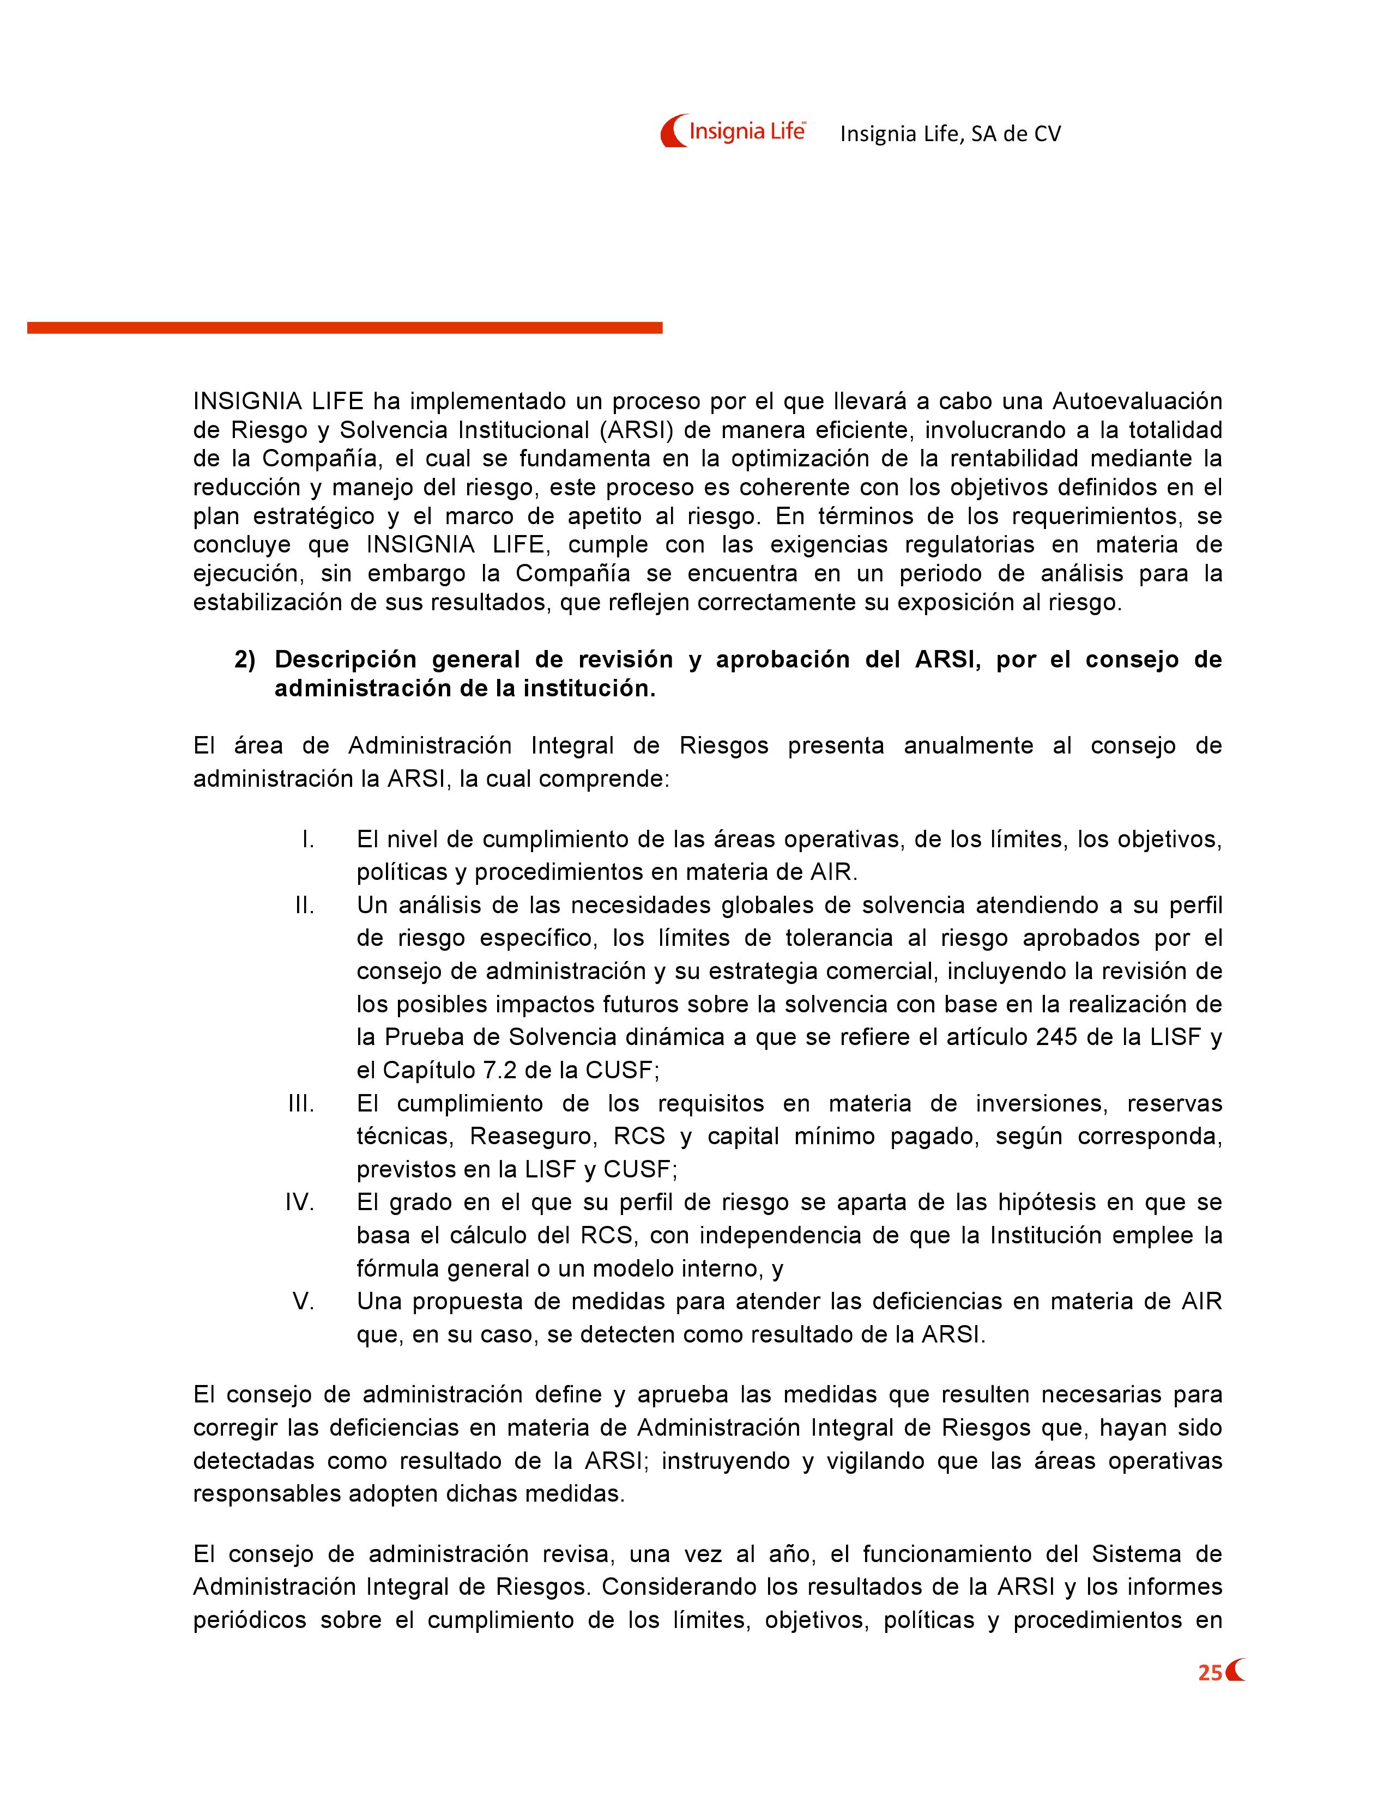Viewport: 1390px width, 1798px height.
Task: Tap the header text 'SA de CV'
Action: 1016,134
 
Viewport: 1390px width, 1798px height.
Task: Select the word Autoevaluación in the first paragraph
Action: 1137,402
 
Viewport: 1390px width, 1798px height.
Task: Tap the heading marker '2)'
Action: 245,660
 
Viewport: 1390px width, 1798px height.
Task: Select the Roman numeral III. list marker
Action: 301,1104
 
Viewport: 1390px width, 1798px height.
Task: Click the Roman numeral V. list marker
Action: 304,1302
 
